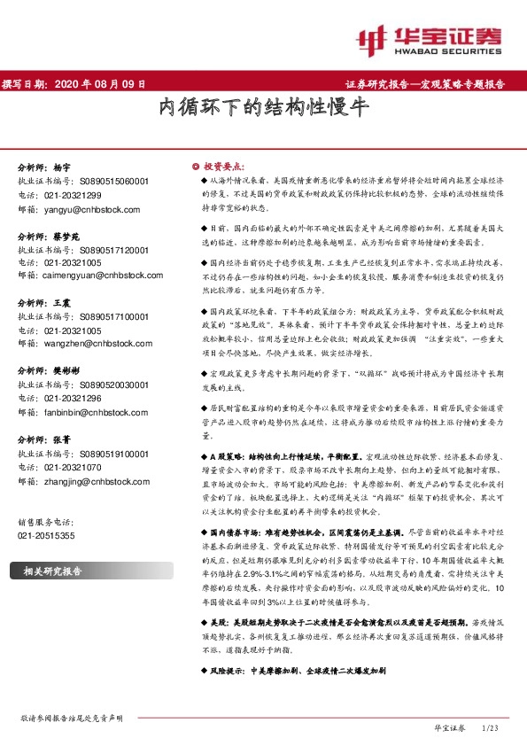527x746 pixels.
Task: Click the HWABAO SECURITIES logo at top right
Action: tap(433, 38)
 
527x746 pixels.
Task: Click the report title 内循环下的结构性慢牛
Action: tap(263, 109)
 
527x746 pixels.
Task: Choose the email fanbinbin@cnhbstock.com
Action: tap(99, 412)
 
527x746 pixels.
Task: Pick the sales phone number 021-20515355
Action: tap(47, 536)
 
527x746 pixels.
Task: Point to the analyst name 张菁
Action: tap(60, 439)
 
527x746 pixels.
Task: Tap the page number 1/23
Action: tap(492, 727)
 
